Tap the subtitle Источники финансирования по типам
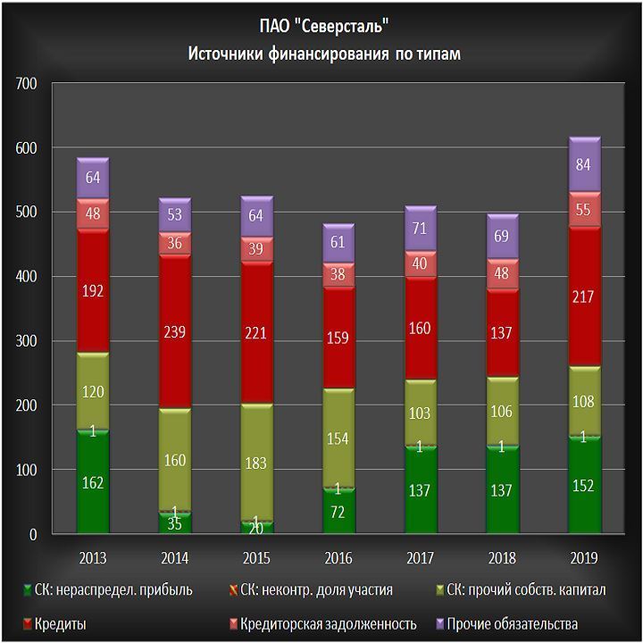(x=323, y=54)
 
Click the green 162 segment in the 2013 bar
(x=93, y=483)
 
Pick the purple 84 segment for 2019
(x=584, y=164)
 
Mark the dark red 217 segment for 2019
(x=584, y=296)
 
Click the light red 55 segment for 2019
(x=584, y=210)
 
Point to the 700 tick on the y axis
(x=26, y=83)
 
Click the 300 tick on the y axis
(x=26, y=341)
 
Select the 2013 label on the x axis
(x=93, y=558)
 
